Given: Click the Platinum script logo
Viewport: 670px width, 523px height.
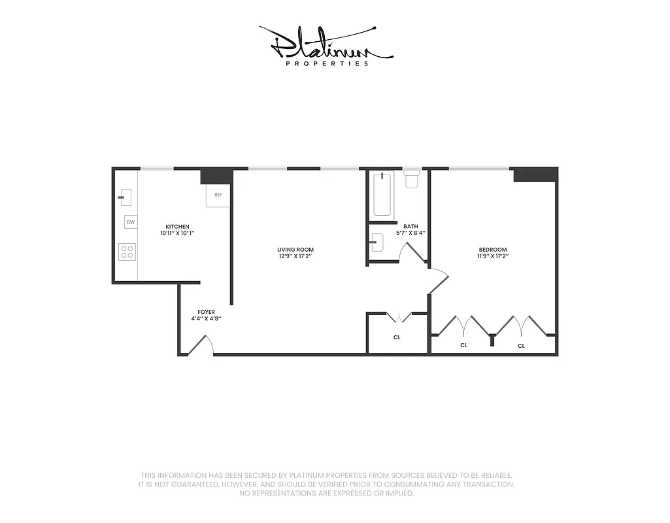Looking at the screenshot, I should [326, 44].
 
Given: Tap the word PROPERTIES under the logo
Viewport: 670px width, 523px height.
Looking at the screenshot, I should [327, 64].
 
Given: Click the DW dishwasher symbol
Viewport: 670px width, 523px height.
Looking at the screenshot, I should [131, 222].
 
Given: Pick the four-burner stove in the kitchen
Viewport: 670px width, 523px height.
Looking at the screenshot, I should [127, 252].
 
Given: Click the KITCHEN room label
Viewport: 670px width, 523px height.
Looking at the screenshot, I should [177, 226].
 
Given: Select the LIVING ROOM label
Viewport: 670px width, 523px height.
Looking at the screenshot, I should [295, 249].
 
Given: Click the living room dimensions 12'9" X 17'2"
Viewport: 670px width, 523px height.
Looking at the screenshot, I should [295, 256].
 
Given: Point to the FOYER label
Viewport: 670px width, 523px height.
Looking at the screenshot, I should [206, 312].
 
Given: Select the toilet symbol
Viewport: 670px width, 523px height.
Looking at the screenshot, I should [411, 178].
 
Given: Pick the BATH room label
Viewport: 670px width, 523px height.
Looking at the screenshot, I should [410, 226].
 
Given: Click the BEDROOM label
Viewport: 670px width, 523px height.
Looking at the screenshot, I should [493, 249].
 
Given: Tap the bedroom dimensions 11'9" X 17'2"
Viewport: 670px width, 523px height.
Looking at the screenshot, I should [493, 256].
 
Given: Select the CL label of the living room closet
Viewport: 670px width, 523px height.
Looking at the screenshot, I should [397, 337].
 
